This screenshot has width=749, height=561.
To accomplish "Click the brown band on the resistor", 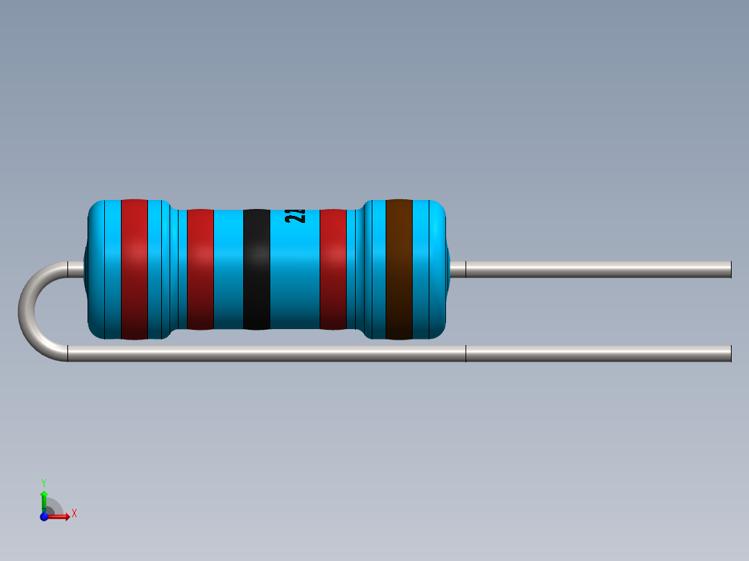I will [x=399, y=269].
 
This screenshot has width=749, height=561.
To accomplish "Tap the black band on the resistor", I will [x=256, y=269].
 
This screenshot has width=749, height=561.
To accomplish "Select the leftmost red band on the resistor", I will [x=134, y=269].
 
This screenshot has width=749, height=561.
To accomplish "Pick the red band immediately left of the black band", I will [x=200, y=269].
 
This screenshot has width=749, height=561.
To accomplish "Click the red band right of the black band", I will [x=333, y=269].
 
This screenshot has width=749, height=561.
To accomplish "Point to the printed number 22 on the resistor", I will [x=295, y=216].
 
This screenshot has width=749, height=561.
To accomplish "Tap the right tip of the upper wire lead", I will [x=730, y=269].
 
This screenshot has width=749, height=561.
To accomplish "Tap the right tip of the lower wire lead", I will [x=730, y=353].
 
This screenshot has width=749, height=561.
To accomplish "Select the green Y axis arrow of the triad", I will [x=44, y=496].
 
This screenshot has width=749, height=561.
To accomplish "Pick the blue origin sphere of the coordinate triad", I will [x=44, y=516].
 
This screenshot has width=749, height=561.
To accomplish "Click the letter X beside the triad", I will [x=74, y=514].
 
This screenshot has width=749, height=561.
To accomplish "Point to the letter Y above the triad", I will [x=44, y=482].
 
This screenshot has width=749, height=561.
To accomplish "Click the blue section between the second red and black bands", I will [x=228, y=269].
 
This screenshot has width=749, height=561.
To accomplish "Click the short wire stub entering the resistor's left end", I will [x=75, y=269].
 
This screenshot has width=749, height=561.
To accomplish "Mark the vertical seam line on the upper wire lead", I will [x=466, y=269].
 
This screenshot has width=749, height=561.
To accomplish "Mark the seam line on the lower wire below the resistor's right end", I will [x=466, y=353].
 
